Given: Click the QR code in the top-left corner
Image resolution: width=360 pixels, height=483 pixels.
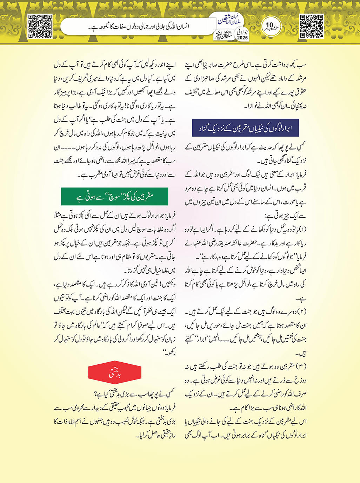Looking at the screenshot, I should click(x=40, y=26).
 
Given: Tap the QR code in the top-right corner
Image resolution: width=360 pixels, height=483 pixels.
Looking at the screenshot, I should click(x=312, y=26).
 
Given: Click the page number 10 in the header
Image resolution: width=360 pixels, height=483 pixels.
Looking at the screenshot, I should click(x=269, y=25).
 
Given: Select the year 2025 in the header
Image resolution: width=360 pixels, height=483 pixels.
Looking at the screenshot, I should click(x=242, y=38).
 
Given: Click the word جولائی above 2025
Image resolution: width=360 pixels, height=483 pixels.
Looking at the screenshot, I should click(x=242, y=31).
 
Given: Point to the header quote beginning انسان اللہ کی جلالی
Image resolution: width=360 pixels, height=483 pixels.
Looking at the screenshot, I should click(x=138, y=26).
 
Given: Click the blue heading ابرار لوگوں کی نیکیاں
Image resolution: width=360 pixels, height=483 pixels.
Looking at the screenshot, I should click(x=245, y=128).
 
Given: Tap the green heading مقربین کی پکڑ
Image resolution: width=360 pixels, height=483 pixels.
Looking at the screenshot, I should click(x=114, y=197).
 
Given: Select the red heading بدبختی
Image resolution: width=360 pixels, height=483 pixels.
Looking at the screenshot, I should click(x=114, y=373).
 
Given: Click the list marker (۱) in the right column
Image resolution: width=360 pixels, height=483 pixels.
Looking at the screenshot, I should click(x=302, y=230).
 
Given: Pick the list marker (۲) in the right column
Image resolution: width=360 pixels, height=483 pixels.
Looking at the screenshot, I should click(x=302, y=312).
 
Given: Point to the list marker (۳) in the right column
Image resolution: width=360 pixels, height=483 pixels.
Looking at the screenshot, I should click(x=302, y=366).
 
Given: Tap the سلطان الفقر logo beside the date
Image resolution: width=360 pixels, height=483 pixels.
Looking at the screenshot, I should click(x=225, y=35).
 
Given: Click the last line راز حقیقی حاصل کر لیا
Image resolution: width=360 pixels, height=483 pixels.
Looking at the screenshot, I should click(x=156, y=435).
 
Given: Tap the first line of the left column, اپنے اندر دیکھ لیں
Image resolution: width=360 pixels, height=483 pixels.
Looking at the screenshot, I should click(x=114, y=65).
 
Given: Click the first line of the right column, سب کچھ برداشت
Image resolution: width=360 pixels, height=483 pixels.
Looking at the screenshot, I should click(x=246, y=65).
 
